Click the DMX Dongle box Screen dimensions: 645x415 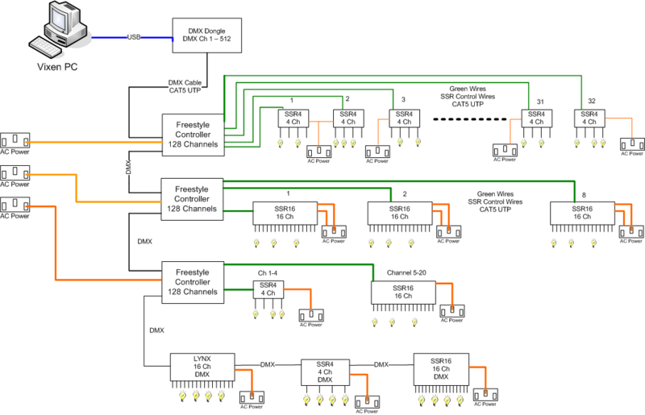(207, 35)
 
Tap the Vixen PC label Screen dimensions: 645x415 (57, 67)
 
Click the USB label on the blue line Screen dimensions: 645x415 (134, 37)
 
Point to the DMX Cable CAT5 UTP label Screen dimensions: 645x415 (185, 86)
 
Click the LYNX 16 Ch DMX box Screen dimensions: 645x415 (202, 367)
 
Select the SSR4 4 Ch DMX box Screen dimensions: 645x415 (325, 372)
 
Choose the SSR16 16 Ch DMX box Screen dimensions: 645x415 (441, 369)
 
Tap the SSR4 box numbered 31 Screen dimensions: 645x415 (536, 118)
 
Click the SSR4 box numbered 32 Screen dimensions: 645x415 (589, 118)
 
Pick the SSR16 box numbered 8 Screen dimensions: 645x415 (582, 213)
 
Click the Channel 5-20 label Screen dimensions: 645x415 (406, 272)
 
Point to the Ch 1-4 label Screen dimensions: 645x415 (268, 273)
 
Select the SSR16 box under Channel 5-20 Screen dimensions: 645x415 (403, 293)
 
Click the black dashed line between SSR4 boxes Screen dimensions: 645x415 (470, 120)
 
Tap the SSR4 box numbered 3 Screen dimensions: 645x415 (405, 118)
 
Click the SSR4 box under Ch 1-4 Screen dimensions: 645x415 (268, 289)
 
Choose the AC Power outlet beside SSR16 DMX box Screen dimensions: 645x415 (485, 396)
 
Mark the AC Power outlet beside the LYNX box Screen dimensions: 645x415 (252, 398)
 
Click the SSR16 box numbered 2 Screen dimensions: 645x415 (400, 213)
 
